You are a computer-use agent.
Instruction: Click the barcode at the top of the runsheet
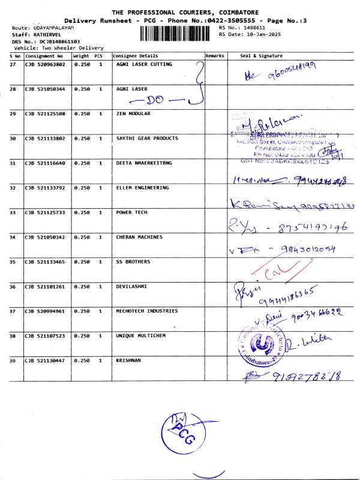tap(177, 33)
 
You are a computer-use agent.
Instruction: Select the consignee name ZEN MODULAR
tap(133, 113)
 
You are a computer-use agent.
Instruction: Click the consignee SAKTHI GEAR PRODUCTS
tap(147, 138)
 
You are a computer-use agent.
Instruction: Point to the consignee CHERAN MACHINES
tap(139, 237)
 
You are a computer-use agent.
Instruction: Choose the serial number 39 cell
tap(13, 361)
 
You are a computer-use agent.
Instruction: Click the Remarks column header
tap(215, 56)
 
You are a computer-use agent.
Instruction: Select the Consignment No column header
tap(44, 56)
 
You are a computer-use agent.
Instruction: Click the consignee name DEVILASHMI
tap(131, 286)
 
